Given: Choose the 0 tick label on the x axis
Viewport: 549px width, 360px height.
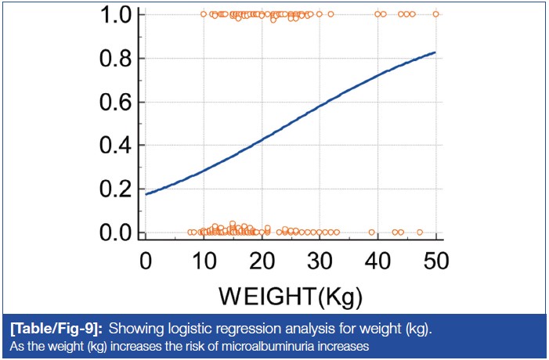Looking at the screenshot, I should coord(146,259).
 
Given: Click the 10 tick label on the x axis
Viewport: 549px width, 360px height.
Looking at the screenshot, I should coord(203,259).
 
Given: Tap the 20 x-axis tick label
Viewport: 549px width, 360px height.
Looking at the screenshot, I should coord(261,259).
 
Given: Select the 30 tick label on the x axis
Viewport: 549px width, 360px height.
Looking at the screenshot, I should coord(320,259).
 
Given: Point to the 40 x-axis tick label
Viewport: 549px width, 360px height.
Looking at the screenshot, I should coord(377,259).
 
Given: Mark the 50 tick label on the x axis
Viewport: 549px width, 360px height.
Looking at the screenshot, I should coord(435,259).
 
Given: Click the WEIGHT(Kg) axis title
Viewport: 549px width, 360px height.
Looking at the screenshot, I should coord(290,297).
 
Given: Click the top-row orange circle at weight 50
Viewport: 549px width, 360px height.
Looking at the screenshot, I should coord(435,14).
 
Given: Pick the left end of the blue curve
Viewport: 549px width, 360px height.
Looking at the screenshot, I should coord(146,193).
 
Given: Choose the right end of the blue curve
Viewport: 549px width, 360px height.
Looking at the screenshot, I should coord(435,52).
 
